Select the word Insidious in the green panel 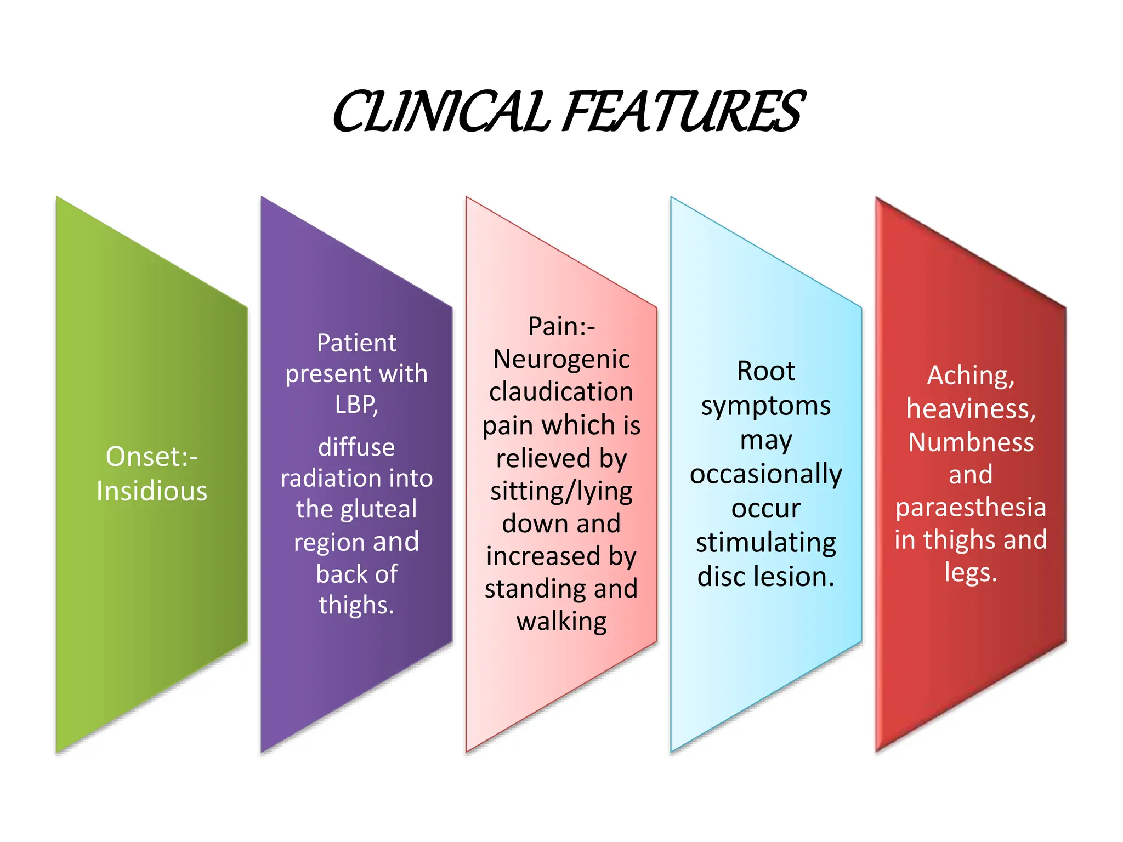coord(152,491)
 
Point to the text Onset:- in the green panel coord(152,457)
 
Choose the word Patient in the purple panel coord(356,343)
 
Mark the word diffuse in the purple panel coord(356,447)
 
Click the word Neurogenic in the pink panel coord(561,360)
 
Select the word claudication coord(561,392)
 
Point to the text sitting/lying coord(561,491)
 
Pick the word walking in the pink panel coord(561,622)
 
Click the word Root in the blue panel coord(765,371)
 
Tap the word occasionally coord(765,474)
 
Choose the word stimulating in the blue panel coord(765,543)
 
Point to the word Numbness coord(971,442)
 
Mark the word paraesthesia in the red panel coord(971,508)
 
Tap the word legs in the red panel coord(968,573)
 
